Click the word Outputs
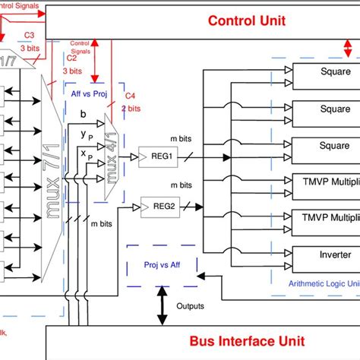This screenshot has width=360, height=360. click(x=190, y=306)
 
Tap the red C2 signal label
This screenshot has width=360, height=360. click(x=72, y=57)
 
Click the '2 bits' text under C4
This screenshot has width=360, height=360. click(x=130, y=108)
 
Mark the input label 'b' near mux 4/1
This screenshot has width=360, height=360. click(x=83, y=113)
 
